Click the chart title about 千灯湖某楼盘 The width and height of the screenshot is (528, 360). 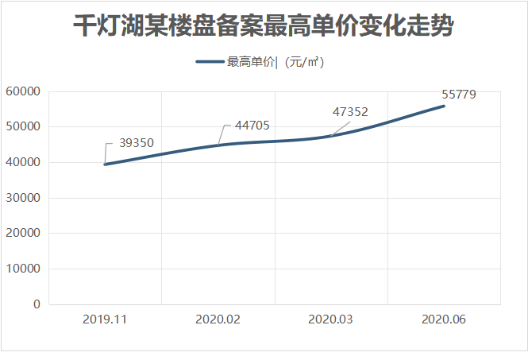click(264, 26)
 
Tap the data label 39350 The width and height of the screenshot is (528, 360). click(137, 144)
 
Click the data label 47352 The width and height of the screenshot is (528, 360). click(350, 112)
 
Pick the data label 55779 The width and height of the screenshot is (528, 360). click(459, 94)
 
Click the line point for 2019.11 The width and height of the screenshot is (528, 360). click(106, 165)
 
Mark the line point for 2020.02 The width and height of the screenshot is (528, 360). click(218, 145)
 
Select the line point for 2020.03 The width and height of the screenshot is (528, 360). click(331, 136)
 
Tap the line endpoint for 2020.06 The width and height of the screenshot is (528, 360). click(444, 106)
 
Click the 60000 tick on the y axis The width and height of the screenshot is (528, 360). click(23, 91)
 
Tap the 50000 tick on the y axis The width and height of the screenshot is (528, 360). click(23, 127)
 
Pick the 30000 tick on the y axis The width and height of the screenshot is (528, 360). click(23, 198)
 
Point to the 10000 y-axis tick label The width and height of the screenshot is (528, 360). click(23, 269)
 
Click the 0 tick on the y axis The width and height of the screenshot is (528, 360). click(37, 304)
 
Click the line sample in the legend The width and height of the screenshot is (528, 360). click(210, 62)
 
